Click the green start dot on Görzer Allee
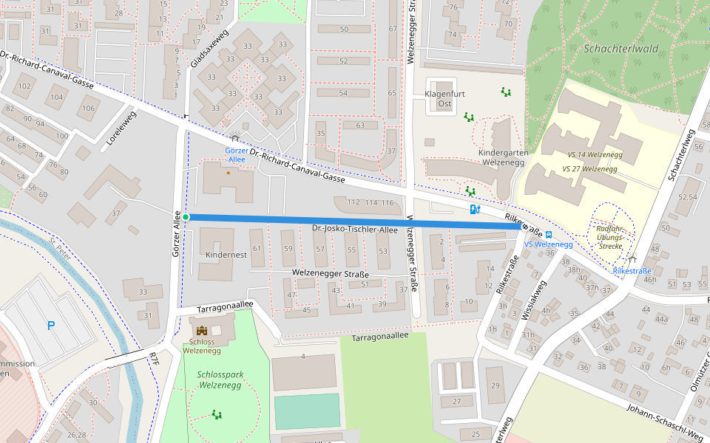(186, 216)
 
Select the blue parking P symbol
(50, 326)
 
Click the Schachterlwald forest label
(621, 49)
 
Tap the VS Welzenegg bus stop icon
(548, 235)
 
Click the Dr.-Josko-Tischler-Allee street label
(354, 230)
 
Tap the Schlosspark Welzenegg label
(220, 380)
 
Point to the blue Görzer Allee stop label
(236, 154)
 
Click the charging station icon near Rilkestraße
(474, 210)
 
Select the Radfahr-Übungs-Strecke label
(611, 237)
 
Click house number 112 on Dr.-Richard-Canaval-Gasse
(353, 202)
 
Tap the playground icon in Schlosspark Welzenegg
(217, 414)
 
